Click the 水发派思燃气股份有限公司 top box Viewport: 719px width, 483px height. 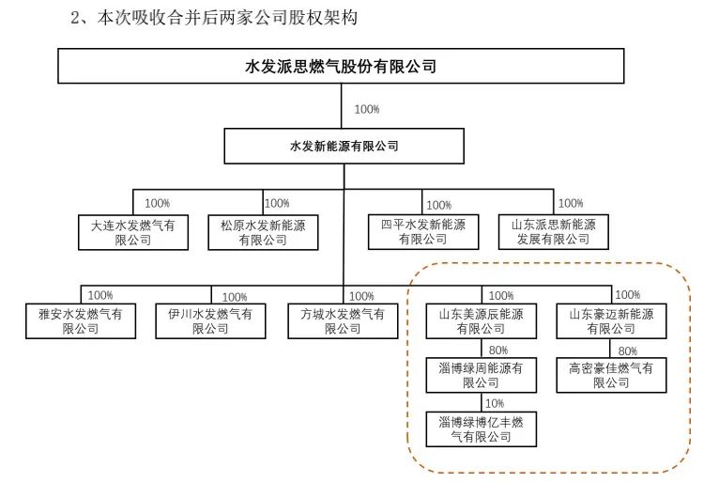pos(340,67)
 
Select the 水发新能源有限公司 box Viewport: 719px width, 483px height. pos(344,147)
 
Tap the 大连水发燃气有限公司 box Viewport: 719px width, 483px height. pos(133,232)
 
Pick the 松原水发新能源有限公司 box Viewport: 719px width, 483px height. pos(262,232)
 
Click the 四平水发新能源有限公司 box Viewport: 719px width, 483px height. pos(421,232)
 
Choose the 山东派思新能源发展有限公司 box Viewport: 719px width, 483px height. pos(553,232)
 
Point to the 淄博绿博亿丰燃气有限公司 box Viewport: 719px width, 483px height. pos(482,429)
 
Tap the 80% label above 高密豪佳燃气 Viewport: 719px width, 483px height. pos(628,351)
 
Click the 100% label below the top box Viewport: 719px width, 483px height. pos(367,109)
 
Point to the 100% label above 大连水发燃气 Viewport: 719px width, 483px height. pos(157,203)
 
